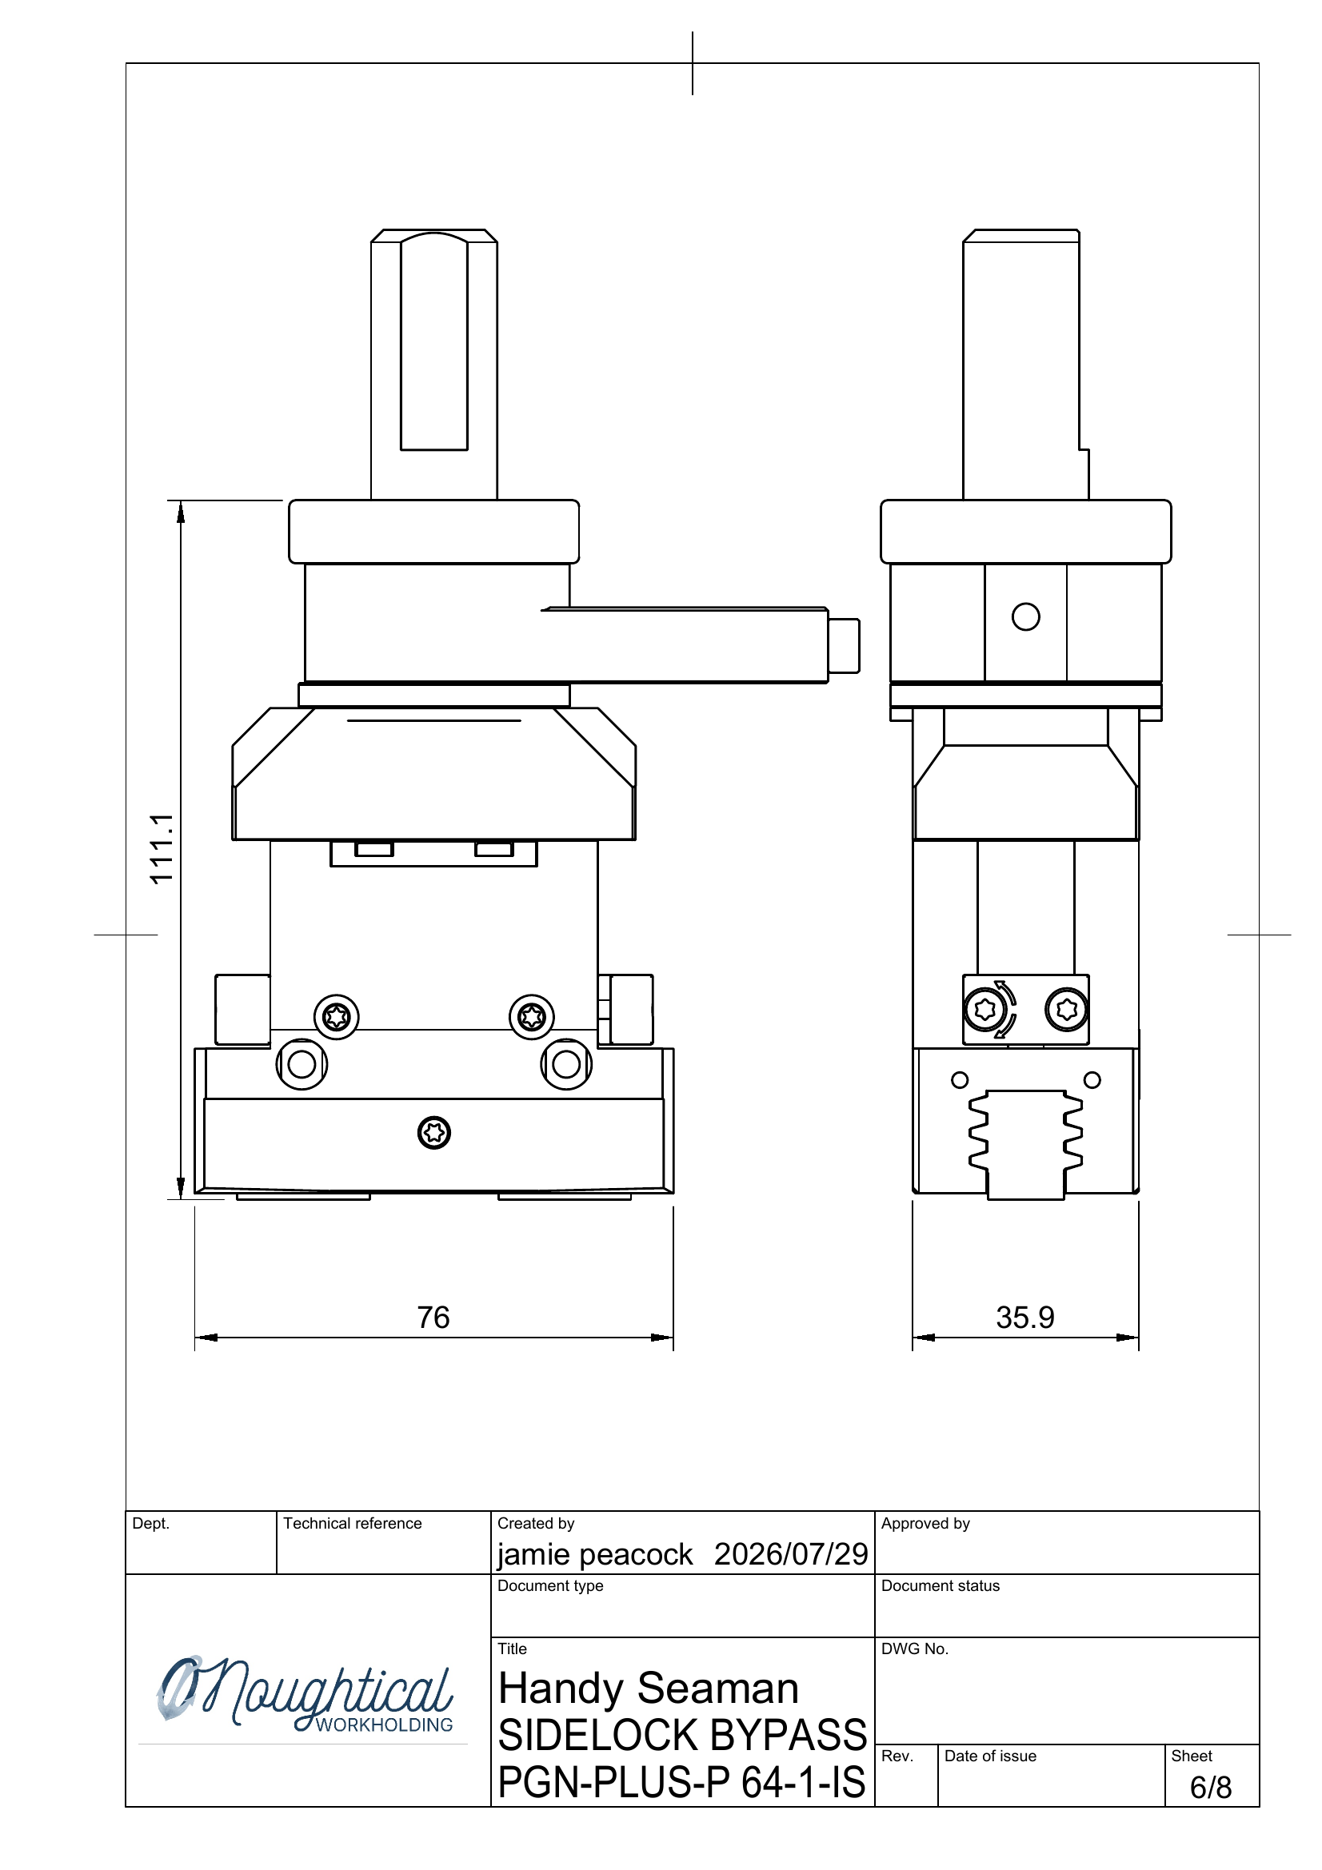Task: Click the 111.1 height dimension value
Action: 162,847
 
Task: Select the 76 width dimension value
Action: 433,1317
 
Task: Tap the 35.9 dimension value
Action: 1024,1317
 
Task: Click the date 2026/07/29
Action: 791,1553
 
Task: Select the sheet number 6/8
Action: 1210,1787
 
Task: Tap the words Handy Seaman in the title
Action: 649,1688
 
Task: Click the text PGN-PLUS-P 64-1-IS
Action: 681,1782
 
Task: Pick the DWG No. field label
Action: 915,1649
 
